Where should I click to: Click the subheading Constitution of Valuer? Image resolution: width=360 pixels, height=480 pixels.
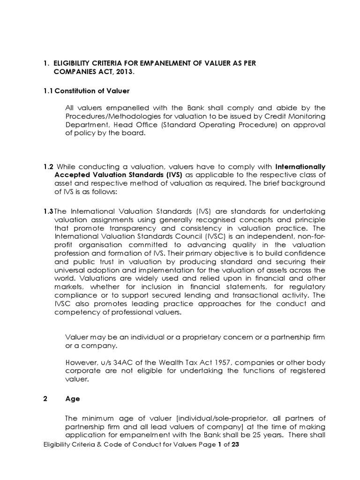click(92, 90)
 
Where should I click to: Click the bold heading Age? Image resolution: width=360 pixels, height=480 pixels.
click(73, 399)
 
